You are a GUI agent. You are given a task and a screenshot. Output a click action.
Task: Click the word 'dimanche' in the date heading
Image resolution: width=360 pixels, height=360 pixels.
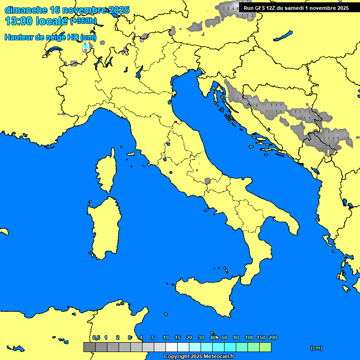pos(26,10)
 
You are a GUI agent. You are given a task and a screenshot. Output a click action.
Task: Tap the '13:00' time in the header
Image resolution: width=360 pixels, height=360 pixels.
pos(20,22)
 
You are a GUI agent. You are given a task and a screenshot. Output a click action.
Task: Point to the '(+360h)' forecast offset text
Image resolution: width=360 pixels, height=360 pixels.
pos(83,21)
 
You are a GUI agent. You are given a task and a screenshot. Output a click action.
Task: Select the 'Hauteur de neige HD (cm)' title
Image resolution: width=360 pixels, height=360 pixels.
pos(50,37)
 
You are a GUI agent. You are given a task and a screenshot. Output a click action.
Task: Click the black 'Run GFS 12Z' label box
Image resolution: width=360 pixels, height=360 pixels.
pos(296,7)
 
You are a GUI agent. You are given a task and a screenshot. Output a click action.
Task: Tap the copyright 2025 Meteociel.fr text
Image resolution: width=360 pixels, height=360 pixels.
pos(199,356)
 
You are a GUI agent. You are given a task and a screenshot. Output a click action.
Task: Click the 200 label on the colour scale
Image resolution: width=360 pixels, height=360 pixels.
pos(272,337)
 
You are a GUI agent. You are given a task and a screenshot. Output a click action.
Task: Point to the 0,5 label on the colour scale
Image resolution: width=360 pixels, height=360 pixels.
pos(96,337)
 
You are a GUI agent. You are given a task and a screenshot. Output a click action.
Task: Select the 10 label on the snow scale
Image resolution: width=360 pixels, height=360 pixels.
pos(165,337)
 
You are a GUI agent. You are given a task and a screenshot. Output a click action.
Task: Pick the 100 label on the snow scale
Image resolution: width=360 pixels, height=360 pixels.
pos(249,337)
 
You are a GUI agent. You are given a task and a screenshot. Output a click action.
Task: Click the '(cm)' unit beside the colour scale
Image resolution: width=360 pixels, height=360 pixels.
pos(316,348)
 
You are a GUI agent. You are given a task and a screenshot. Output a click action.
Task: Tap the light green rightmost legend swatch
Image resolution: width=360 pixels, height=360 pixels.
pos(265,347)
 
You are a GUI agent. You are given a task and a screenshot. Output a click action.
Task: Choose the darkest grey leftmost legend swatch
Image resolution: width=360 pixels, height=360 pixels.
pos(89,347)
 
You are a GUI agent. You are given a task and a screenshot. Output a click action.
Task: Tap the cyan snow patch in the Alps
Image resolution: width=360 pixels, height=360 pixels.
pos(85,46)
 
